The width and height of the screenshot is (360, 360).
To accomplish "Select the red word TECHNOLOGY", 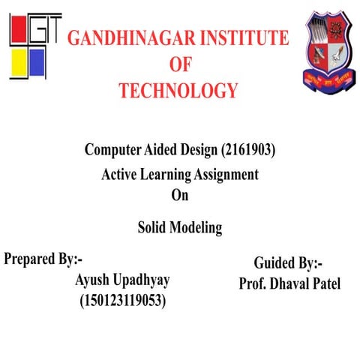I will (178, 91).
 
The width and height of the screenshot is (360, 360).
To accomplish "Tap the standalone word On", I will (180, 196).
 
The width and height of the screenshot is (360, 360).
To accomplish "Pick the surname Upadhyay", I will (141, 280).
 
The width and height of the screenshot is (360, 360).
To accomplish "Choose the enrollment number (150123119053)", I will (123, 301).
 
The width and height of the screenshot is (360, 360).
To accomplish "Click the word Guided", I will (274, 263).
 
